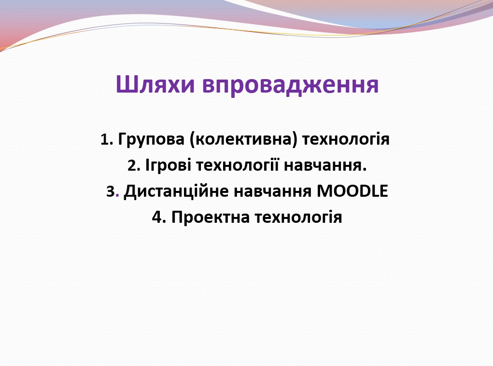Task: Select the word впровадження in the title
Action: click(x=290, y=85)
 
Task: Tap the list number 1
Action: click(x=105, y=140)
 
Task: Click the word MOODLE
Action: click(x=352, y=191)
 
